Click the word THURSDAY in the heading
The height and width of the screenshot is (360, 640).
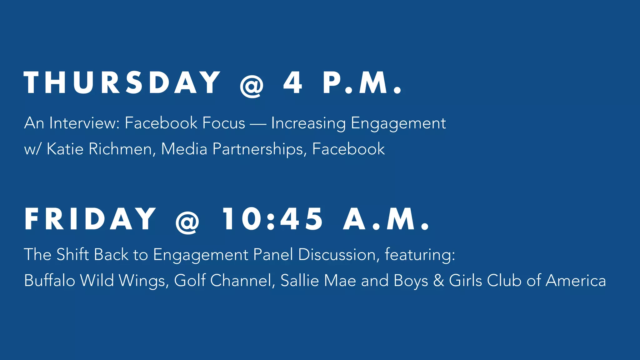pos(122,82)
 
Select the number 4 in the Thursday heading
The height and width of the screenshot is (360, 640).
pos(293,82)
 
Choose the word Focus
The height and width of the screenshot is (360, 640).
pos(223,123)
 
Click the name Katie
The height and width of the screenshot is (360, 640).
pos(65,149)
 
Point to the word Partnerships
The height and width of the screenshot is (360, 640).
pos(258,149)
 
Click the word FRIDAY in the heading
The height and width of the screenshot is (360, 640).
pos(90,219)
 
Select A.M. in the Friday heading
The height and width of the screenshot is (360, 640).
pos(386,219)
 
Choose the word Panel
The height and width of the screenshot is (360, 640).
pos(273,254)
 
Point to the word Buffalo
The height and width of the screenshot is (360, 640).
pos(49,280)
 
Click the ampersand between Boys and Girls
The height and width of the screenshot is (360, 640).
pos(438,280)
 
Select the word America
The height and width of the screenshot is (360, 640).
pos(576,280)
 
